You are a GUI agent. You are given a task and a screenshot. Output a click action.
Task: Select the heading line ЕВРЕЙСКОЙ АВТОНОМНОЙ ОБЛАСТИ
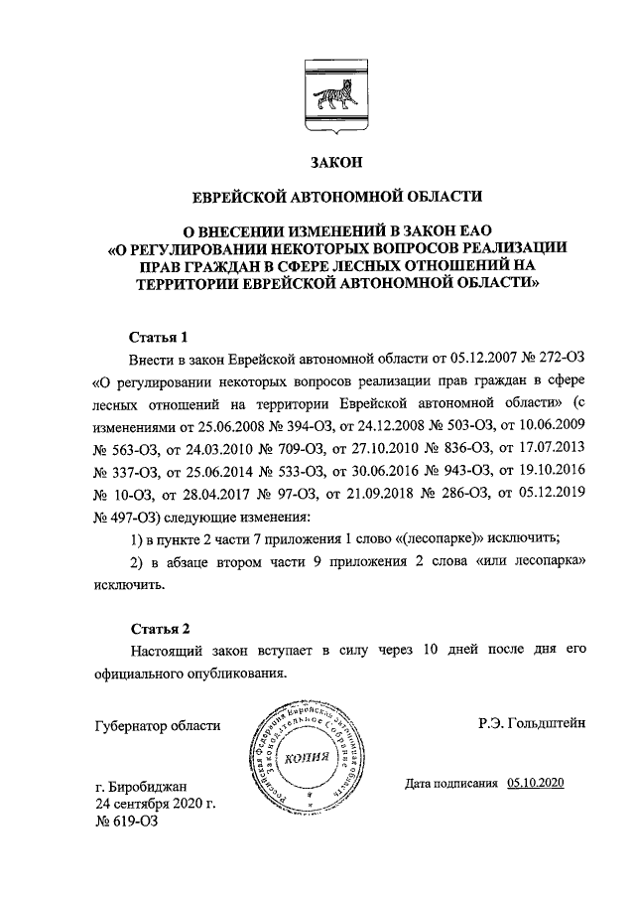(x=336, y=195)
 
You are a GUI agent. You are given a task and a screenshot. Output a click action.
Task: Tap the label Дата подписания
(x=451, y=783)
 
